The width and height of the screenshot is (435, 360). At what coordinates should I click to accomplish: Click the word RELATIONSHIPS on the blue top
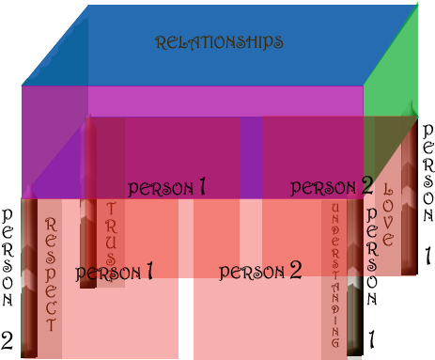219,42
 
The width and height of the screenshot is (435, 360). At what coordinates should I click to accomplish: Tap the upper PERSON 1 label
166,187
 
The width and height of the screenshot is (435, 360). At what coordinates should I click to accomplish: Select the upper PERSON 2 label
331,187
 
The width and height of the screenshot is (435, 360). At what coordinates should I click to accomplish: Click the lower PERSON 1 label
114,274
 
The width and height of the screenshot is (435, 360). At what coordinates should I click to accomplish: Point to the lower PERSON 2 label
260,273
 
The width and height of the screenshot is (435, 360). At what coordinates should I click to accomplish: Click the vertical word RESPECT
51,273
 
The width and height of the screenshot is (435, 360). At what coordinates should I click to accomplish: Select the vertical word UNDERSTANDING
334,273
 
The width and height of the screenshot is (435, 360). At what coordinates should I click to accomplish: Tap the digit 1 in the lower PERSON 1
148,273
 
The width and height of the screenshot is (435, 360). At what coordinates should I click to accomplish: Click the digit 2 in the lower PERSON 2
295,272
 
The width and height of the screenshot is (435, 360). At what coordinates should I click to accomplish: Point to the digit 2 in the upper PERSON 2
366,186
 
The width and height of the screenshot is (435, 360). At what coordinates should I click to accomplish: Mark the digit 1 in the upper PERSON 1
201,187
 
